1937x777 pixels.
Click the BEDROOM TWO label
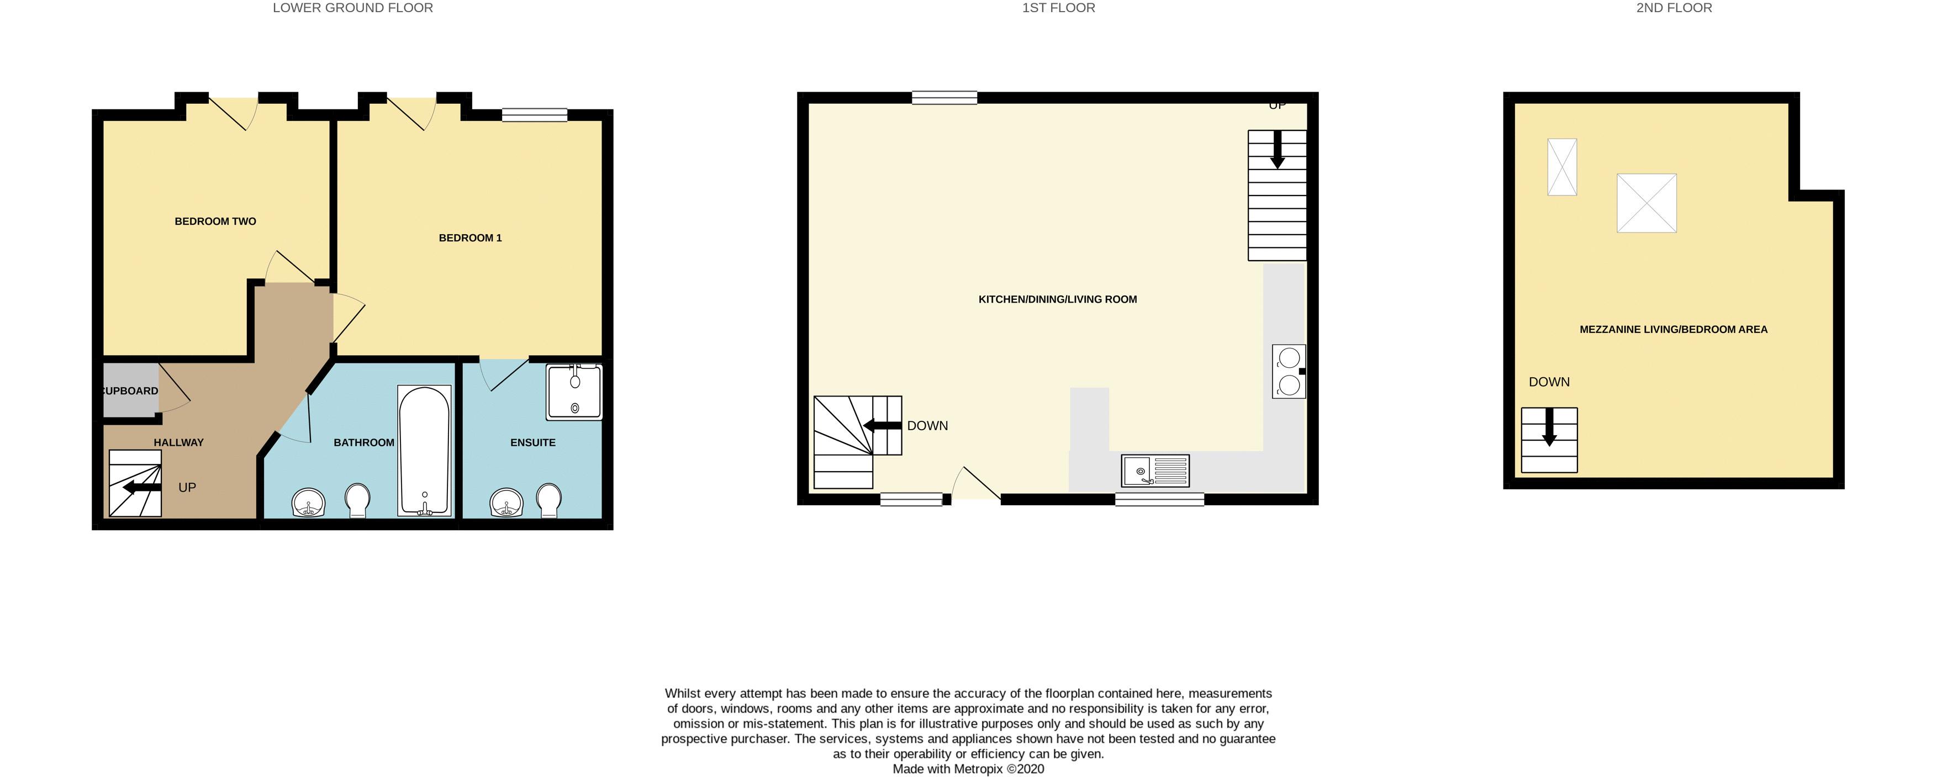[215, 221]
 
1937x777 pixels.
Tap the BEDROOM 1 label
[470, 237]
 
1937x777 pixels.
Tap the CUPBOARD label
[130, 390]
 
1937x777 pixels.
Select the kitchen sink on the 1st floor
[1155, 471]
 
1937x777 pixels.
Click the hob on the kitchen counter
[1288, 371]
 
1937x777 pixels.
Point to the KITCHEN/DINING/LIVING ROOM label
[1057, 299]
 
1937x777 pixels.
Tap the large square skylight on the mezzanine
[1646, 203]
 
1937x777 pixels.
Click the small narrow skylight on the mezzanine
[1562, 167]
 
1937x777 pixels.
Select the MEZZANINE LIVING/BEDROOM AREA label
[1673, 330]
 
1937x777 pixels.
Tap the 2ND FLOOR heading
[1674, 8]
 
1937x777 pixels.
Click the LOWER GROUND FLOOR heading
[353, 8]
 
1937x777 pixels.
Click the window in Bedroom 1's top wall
[535, 114]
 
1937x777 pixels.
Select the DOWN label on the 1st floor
[927, 426]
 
